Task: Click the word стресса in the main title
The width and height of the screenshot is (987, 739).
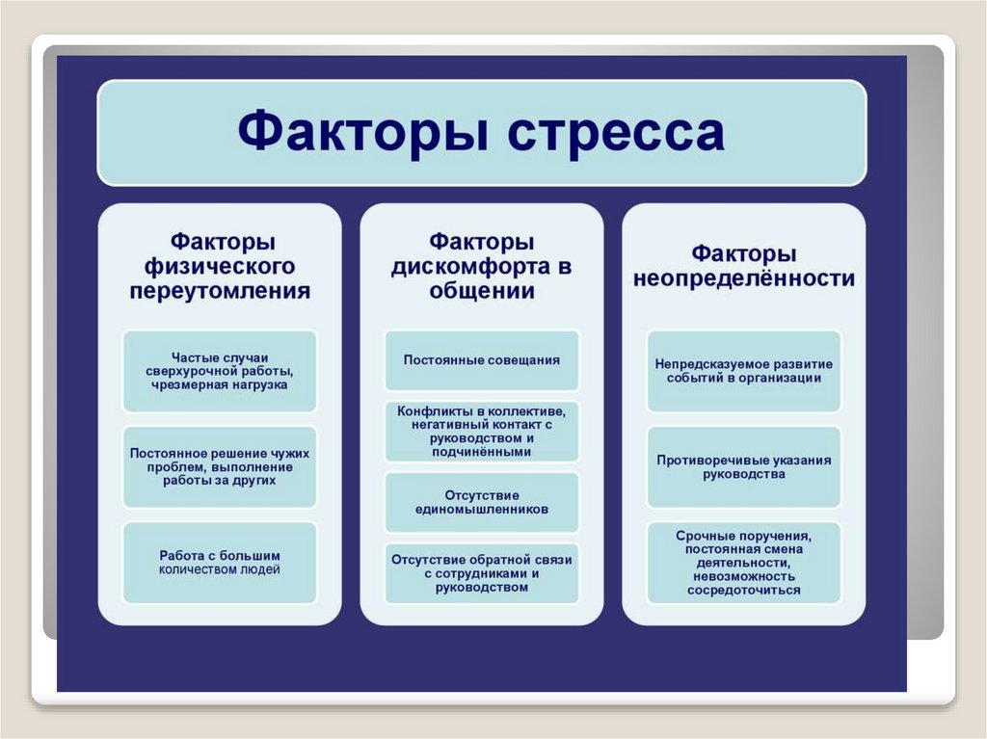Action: (x=617, y=132)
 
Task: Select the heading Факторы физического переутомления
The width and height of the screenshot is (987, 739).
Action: (x=220, y=266)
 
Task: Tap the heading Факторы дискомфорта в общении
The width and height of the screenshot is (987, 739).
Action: (x=481, y=266)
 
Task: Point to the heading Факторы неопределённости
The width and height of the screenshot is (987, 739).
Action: (x=743, y=266)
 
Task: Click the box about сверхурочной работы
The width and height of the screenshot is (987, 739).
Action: (x=220, y=370)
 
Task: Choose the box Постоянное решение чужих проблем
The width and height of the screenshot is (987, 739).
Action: (x=220, y=466)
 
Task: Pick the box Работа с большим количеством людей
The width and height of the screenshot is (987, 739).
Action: (x=220, y=563)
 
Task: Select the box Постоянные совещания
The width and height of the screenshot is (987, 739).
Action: (x=481, y=359)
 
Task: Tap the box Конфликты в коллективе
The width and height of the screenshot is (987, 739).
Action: (x=481, y=431)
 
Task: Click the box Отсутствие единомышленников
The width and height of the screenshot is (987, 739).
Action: (x=481, y=501)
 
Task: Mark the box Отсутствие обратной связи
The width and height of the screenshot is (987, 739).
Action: (x=481, y=573)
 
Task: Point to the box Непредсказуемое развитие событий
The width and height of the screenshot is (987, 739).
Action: (x=743, y=371)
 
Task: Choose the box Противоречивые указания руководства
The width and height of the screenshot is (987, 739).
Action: (x=743, y=467)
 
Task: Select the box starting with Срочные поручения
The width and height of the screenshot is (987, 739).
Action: (x=743, y=563)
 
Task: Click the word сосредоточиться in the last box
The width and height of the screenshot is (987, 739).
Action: (x=743, y=591)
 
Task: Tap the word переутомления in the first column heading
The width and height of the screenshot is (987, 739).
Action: (x=220, y=291)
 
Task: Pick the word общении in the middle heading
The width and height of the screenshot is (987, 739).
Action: (x=481, y=291)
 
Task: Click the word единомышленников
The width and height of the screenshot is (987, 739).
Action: (x=481, y=509)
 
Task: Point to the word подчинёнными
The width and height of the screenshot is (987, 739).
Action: (x=481, y=451)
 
